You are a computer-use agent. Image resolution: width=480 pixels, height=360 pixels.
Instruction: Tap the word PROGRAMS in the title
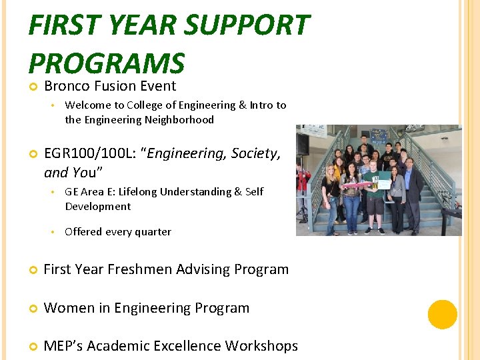(107, 63)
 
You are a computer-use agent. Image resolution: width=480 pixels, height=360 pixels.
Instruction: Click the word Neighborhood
(183, 120)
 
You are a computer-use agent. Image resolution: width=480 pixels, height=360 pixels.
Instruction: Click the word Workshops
(261, 346)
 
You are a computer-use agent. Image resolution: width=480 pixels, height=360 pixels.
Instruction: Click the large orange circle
(443, 314)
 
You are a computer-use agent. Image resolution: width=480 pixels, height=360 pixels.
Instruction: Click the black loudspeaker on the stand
(303, 145)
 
